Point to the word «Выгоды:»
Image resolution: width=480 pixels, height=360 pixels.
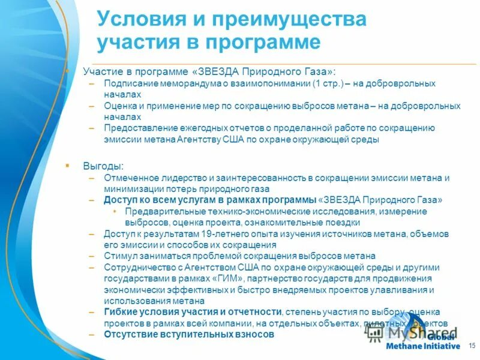pyautogui.click(x=103, y=166)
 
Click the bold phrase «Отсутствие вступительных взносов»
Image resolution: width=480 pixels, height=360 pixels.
pyautogui.click(x=189, y=334)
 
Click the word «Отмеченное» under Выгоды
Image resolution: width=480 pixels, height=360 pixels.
pyautogui.click(x=129, y=178)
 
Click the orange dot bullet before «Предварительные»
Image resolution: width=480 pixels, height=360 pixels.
pyautogui.click(x=115, y=212)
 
